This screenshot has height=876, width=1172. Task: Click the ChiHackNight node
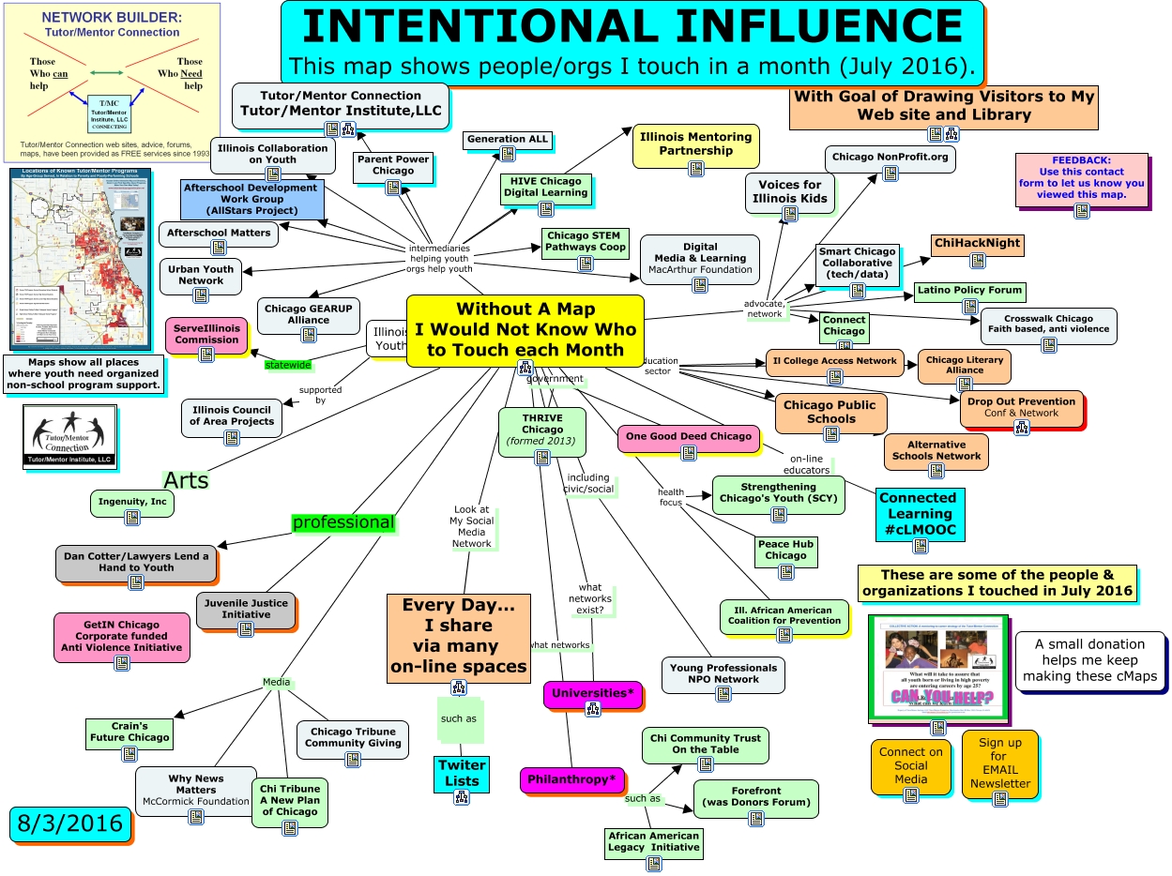pyautogui.click(x=976, y=244)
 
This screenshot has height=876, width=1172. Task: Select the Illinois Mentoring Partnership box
pyautogui.click(x=695, y=144)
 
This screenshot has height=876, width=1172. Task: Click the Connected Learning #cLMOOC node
pyautogui.click(x=919, y=513)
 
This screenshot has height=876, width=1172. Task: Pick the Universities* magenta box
pyautogui.click(x=592, y=693)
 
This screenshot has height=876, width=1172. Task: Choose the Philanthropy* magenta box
pyautogui.click(x=572, y=778)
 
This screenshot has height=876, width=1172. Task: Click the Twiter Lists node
pyautogui.click(x=462, y=774)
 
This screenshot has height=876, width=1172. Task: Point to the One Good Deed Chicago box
pyautogui.click(x=689, y=437)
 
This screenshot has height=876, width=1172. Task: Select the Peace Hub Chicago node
pyautogui.click(x=785, y=550)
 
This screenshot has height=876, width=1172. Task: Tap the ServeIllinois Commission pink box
pyautogui.click(x=206, y=335)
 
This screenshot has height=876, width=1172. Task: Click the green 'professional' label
pyautogui.click(x=343, y=522)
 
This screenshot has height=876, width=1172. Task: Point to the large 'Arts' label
pyautogui.click(x=186, y=480)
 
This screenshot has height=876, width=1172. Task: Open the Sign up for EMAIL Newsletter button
pyautogui.click(x=1000, y=763)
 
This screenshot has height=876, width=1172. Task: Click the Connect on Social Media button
pyautogui.click(x=910, y=765)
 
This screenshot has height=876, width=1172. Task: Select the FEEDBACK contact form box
pyautogui.click(x=1081, y=179)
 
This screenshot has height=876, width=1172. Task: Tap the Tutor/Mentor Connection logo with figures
pyautogui.click(x=68, y=436)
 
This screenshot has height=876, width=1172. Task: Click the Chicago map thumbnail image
pyautogui.click(x=80, y=258)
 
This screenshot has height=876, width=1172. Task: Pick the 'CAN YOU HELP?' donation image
pyautogui.click(x=937, y=667)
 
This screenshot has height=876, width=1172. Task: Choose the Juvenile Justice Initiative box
pyautogui.click(x=246, y=609)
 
